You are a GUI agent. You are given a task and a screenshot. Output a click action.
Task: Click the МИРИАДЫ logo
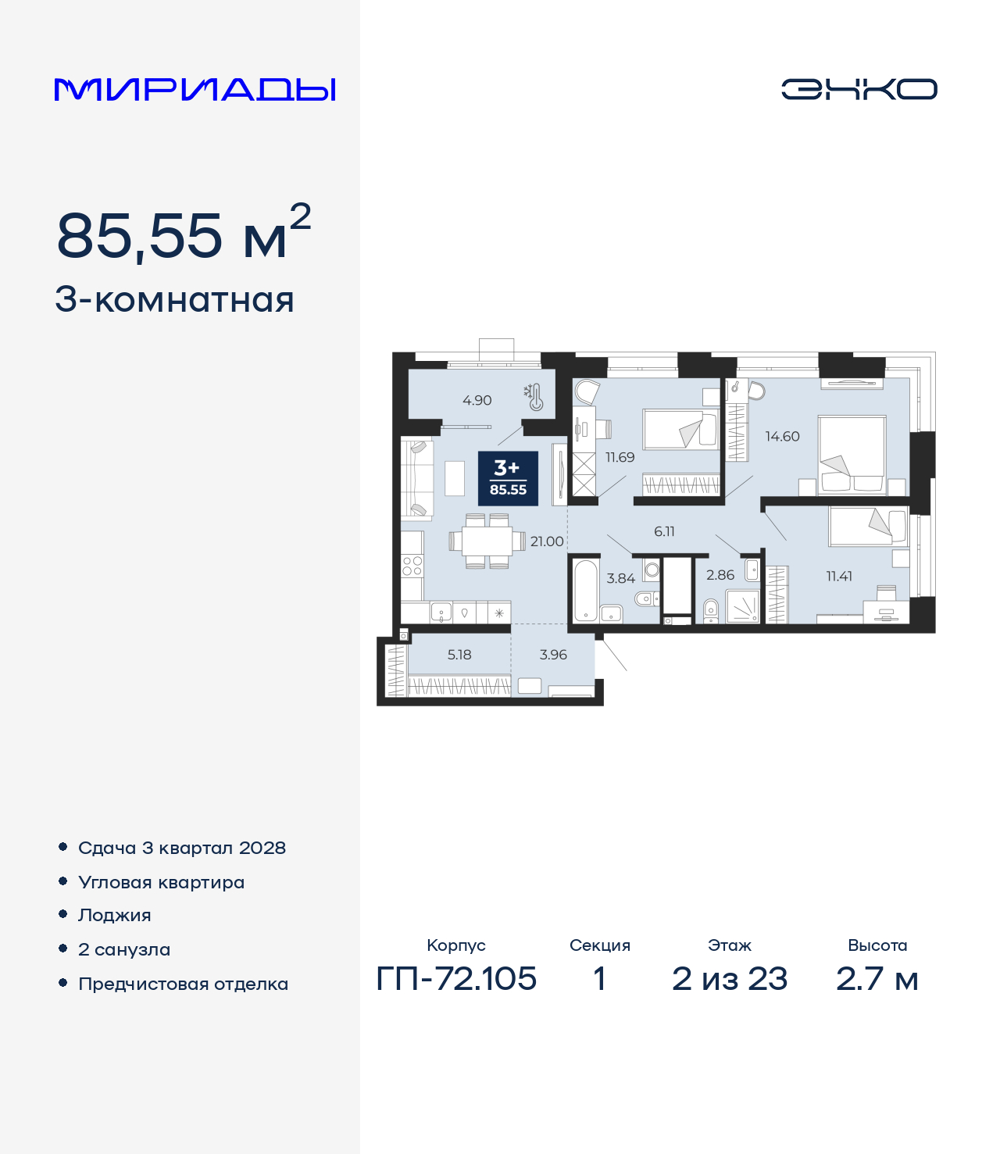[x=195, y=89]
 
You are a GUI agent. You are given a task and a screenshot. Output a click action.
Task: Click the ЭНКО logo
[x=859, y=89]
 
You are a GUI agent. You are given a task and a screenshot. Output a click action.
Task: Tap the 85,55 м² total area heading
[x=184, y=234]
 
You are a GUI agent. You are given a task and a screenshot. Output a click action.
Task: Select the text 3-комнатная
[x=174, y=300]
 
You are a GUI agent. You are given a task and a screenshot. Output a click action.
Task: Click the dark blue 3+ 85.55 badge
[x=508, y=478]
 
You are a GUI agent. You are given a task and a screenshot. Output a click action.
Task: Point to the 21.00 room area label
[x=546, y=541]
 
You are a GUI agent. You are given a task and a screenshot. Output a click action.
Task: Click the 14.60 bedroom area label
[x=782, y=437]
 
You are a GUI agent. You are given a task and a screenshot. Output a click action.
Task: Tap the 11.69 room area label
[x=620, y=458]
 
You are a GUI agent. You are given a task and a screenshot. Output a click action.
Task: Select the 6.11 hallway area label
[x=664, y=531]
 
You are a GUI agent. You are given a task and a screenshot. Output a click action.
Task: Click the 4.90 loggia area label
[x=477, y=401]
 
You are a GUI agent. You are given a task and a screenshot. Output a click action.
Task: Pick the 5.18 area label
[x=459, y=655]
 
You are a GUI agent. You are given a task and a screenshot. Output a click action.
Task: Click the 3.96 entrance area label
[x=553, y=655]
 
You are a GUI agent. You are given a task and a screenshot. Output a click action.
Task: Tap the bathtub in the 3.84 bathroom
[x=585, y=589]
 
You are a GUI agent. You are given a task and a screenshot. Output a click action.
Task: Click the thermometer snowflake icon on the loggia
[x=534, y=397]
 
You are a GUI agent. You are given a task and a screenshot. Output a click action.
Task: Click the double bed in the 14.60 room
[x=852, y=454]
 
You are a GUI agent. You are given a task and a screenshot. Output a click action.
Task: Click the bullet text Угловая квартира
[x=161, y=882]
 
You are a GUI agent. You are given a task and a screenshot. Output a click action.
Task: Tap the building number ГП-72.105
[x=456, y=978]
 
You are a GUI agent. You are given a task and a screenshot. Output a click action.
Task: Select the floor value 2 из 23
[x=730, y=978]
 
